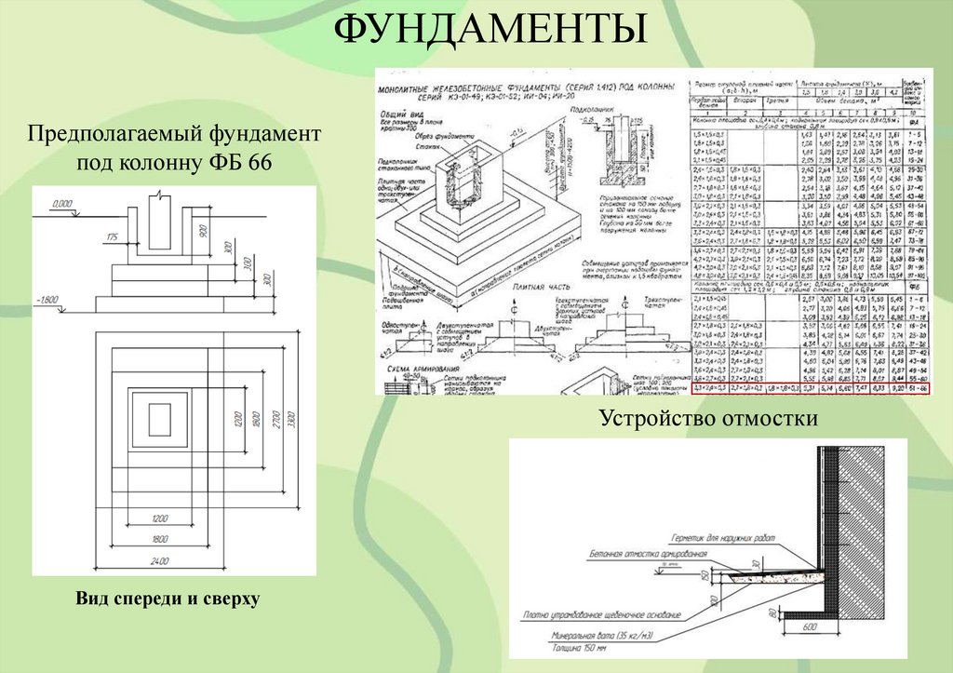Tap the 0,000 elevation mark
click(x=62, y=202)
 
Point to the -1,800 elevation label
click(x=47, y=300)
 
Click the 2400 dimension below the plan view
click(x=161, y=559)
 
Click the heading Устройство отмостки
click(x=708, y=419)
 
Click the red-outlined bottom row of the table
click(x=809, y=391)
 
